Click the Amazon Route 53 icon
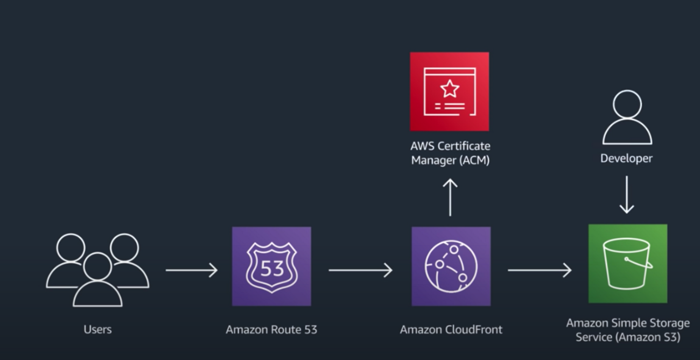271,266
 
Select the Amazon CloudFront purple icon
451,266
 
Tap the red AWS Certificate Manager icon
450,91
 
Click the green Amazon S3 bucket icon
628,264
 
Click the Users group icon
97,269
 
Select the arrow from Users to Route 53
192,270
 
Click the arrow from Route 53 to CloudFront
360,270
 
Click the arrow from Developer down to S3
626,194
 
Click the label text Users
97,329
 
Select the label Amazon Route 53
271,329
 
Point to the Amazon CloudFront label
451,329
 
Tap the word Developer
626,158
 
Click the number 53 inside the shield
272,267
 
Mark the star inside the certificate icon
450,88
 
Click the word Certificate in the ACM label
464,146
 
